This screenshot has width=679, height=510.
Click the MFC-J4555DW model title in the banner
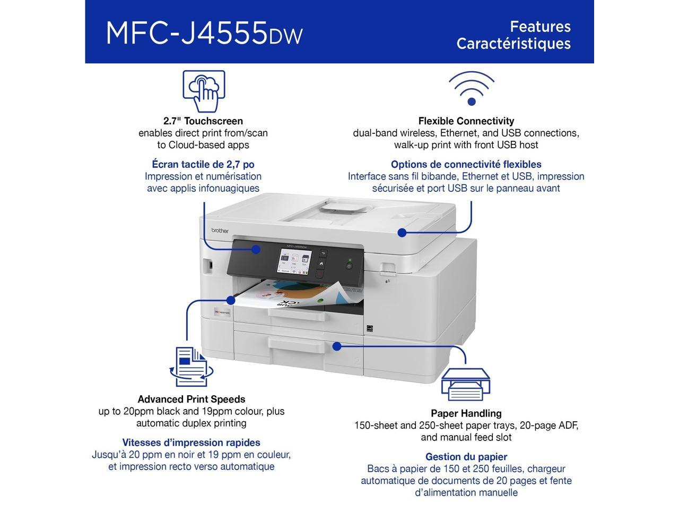[204, 33]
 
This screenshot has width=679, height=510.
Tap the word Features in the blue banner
[540, 27]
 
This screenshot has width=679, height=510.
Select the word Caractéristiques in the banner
[513, 44]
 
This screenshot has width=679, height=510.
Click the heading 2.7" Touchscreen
[203, 121]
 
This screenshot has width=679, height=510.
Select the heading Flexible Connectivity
[466, 121]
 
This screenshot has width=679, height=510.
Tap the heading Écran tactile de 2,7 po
[203, 165]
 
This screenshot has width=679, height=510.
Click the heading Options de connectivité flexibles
[466, 165]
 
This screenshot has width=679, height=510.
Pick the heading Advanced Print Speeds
[191, 399]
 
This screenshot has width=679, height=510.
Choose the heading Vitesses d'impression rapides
[191, 443]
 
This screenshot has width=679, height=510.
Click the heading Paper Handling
[466, 413]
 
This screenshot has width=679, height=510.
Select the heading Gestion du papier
[466, 457]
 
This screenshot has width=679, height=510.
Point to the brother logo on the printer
[220, 230]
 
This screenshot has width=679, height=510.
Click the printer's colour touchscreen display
[294, 262]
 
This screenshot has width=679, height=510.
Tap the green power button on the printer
[349, 265]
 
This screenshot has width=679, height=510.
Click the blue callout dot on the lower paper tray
[336, 346]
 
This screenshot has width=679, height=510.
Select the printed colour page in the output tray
[297, 295]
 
